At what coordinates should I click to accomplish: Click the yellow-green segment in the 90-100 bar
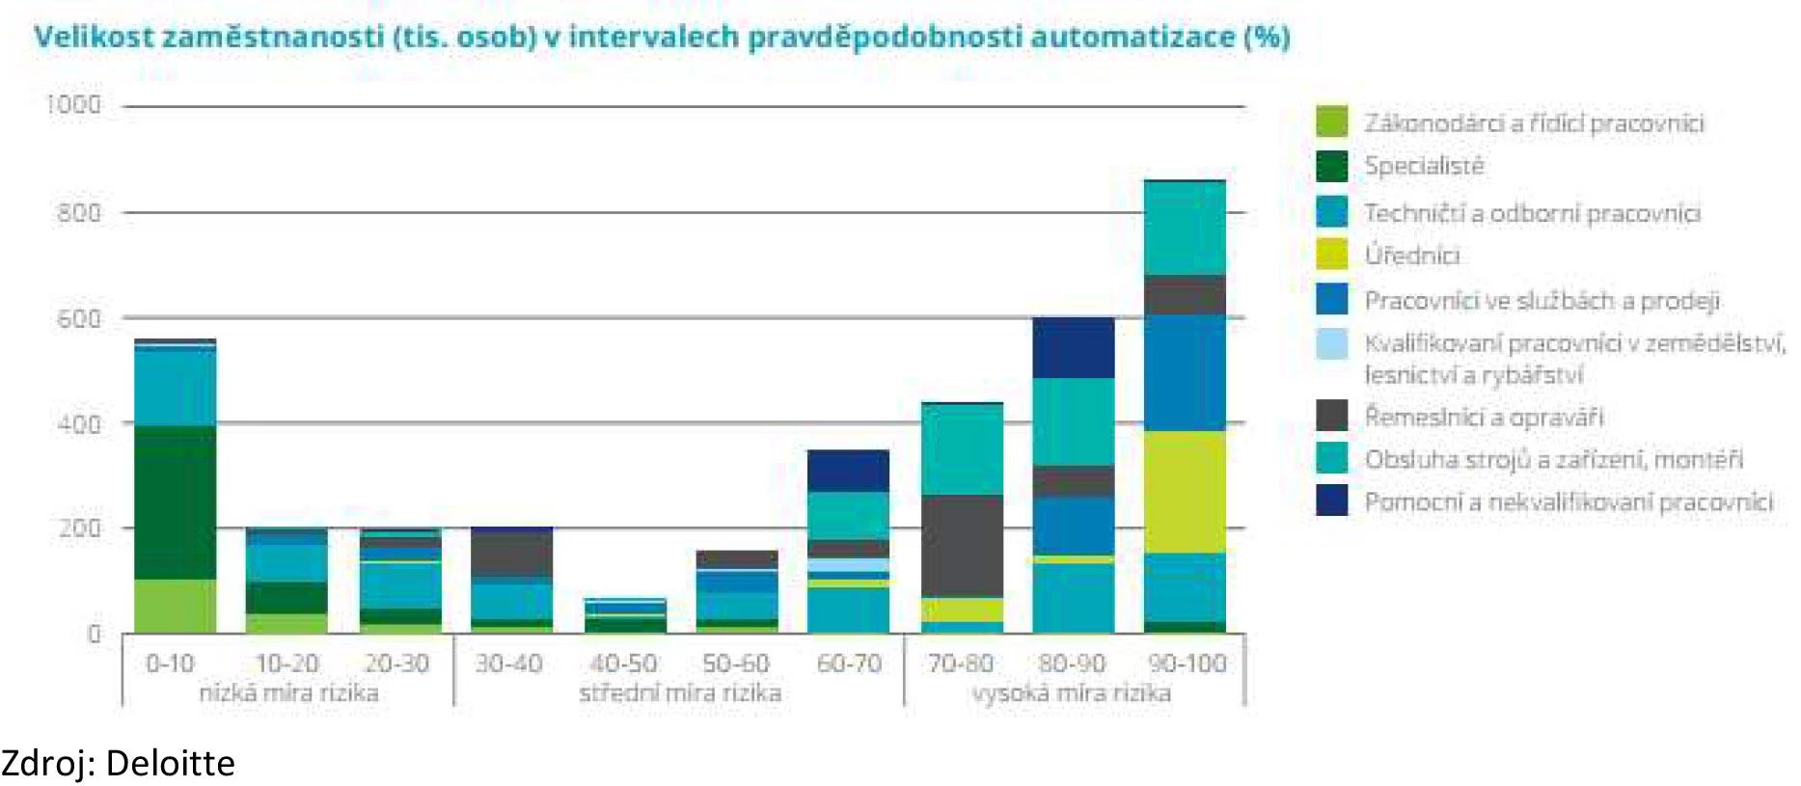pyautogui.click(x=1185, y=492)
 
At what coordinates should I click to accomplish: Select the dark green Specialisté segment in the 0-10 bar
pyautogui.click(x=175, y=501)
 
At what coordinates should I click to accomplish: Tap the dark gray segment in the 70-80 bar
pyautogui.click(x=962, y=546)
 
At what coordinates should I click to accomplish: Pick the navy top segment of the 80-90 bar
pyautogui.click(x=1073, y=347)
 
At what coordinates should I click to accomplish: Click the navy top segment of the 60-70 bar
pyautogui.click(x=848, y=471)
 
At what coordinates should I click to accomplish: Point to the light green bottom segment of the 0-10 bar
pyautogui.click(x=175, y=606)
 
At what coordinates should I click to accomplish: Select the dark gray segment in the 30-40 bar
pyautogui.click(x=511, y=555)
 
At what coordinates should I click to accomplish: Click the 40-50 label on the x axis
pyautogui.click(x=623, y=664)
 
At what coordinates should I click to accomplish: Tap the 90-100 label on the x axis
pyautogui.click(x=1187, y=664)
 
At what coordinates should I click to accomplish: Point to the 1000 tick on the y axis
pyautogui.click(x=74, y=104)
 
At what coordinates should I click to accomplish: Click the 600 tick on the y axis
pyautogui.click(x=78, y=318)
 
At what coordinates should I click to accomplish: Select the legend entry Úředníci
pyautogui.click(x=1411, y=256)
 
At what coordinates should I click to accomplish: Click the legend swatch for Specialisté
pyautogui.click(x=1331, y=166)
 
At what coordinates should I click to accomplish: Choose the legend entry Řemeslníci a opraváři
pyautogui.click(x=1483, y=418)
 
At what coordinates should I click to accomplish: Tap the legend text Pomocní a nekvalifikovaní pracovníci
pyautogui.click(x=1568, y=502)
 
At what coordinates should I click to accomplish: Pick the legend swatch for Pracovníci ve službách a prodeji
pyautogui.click(x=1331, y=299)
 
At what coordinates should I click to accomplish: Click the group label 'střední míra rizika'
pyautogui.click(x=679, y=692)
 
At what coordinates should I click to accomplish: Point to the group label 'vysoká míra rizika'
pyautogui.click(x=1071, y=692)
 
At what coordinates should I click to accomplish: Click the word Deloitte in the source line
pyautogui.click(x=170, y=764)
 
